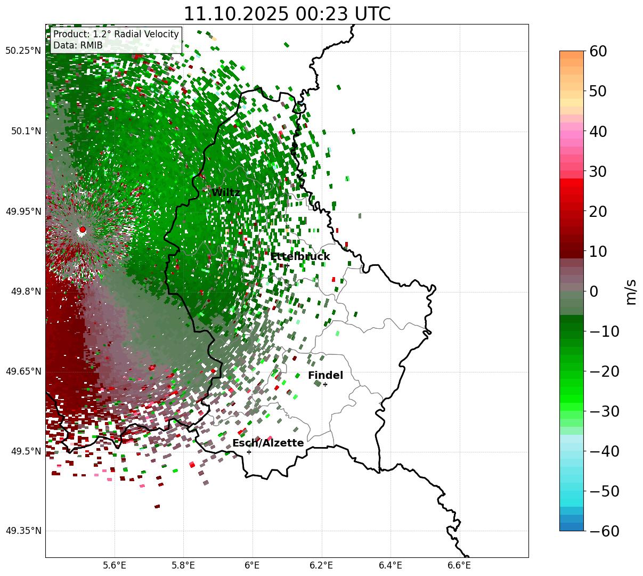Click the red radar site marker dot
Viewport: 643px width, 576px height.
[82, 230]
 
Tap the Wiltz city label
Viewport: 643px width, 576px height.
[226, 193]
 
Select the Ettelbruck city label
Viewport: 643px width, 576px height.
[300, 257]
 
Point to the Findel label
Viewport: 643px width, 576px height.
[325, 376]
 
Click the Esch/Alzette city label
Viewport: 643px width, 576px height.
[268, 443]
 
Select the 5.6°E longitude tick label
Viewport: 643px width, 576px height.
[115, 565]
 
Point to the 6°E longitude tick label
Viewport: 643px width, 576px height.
[253, 565]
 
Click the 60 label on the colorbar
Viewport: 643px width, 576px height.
[599, 51]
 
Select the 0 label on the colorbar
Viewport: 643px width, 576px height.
[594, 291]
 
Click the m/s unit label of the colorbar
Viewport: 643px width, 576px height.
[631, 291]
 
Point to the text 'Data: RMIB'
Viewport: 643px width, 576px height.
[78, 46]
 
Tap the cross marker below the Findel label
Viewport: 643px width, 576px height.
[325, 384]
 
